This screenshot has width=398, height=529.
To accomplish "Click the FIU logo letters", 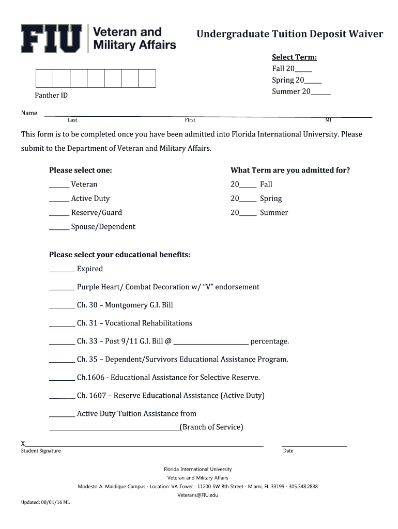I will pos(51,38).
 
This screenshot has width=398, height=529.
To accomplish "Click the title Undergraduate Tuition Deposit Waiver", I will pos(289,34).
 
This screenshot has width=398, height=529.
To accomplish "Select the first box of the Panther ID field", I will pos(44,78).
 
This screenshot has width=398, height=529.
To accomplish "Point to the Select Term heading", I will pos(294,57).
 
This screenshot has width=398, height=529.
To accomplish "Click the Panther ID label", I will pos(51,96).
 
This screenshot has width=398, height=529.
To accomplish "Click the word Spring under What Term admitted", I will pos(271,199).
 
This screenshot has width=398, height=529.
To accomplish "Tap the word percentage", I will pos(269,341).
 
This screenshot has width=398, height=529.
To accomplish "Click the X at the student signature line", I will pos(23,444).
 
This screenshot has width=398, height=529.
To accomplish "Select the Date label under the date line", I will pos(288,451).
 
